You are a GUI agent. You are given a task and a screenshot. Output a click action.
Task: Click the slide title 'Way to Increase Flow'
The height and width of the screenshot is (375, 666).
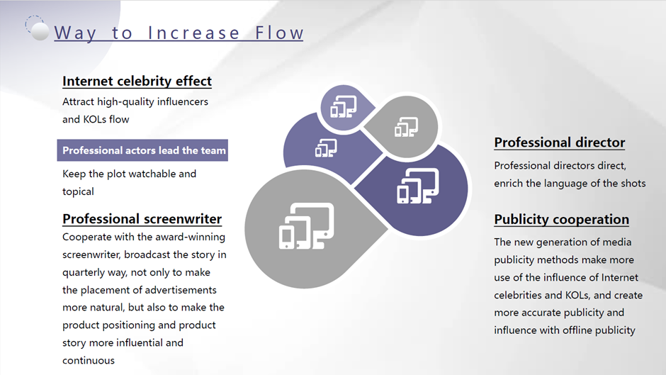coord(179,33)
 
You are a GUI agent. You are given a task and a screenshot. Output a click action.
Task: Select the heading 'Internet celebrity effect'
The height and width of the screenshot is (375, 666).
coord(137,81)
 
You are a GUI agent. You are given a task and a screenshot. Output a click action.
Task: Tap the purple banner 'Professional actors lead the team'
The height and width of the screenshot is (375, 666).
coord(142,150)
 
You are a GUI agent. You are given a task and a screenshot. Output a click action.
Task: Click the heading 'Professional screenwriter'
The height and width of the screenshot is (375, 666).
coord(142,218)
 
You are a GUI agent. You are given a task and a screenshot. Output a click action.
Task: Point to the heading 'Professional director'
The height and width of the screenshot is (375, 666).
coord(560,142)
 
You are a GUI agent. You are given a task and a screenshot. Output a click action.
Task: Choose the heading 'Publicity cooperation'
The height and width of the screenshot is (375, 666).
coord(562,219)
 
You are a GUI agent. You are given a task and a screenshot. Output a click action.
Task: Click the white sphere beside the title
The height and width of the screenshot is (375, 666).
coord(40,31)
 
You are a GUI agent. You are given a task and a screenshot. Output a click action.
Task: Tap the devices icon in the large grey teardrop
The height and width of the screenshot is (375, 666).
coord(306,225)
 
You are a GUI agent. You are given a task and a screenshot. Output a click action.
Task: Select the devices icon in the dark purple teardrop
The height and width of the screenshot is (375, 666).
coord(418,186)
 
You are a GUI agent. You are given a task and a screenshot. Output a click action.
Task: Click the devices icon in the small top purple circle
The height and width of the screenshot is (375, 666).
coord(344,107)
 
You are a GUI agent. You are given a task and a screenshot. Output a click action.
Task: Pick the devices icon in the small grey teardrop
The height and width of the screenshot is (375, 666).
coord(406,127)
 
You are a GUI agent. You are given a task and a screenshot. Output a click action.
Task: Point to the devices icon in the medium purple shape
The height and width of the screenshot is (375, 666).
coord(326,148)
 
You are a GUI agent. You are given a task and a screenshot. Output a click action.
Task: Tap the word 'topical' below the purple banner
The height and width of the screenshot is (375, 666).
coord(78,191)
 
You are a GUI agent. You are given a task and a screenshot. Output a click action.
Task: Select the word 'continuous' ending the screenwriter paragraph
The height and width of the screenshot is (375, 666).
coord(89,361)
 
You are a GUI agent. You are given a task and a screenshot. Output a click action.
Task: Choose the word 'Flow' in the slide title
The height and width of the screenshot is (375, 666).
coord(279,33)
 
